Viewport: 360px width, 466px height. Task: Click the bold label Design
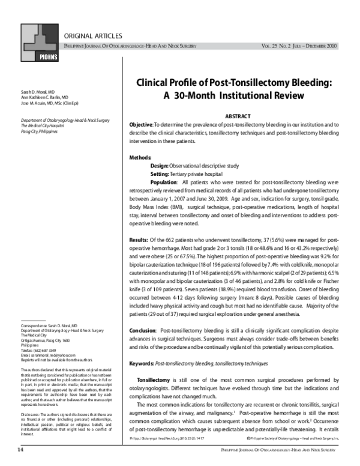coord(160,165)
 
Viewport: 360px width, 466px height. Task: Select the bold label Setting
coord(160,174)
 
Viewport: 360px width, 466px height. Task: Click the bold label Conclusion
coord(143,331)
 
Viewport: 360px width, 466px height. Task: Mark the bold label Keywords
coord(142,363)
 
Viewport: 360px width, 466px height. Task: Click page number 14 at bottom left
coord(20,448)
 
